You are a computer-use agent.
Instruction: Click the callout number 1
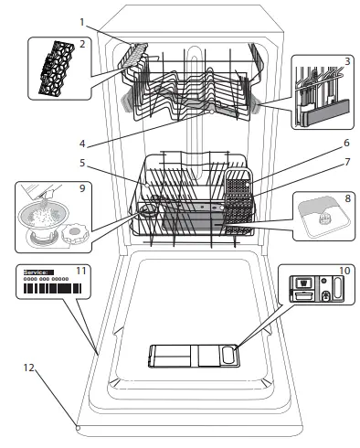[x=81, y=21]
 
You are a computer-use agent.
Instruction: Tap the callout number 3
[x=348, y=61]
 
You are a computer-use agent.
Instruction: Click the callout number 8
[x=347, y=197]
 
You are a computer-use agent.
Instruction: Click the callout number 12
[x=30, y=368]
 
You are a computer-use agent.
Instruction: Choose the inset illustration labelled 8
[x=321, y=216]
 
